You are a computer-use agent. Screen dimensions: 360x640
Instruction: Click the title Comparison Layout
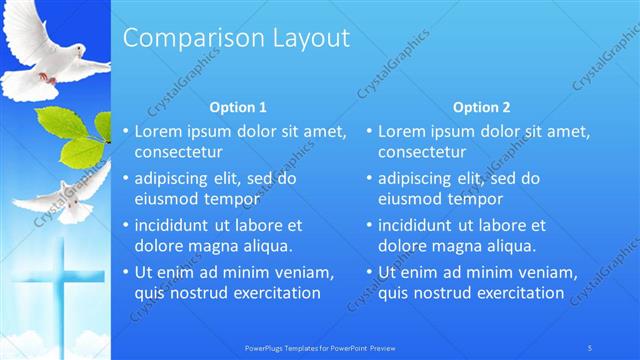[236, 38]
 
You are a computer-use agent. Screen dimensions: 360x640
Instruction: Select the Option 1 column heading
[237, 107]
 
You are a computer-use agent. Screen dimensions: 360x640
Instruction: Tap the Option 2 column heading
[481, 107]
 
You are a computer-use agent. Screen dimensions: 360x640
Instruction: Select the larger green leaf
[80, 150]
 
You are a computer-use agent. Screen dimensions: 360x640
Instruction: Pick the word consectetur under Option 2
[422, 152]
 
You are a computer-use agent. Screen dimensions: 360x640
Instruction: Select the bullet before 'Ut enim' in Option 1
[125, 272]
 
